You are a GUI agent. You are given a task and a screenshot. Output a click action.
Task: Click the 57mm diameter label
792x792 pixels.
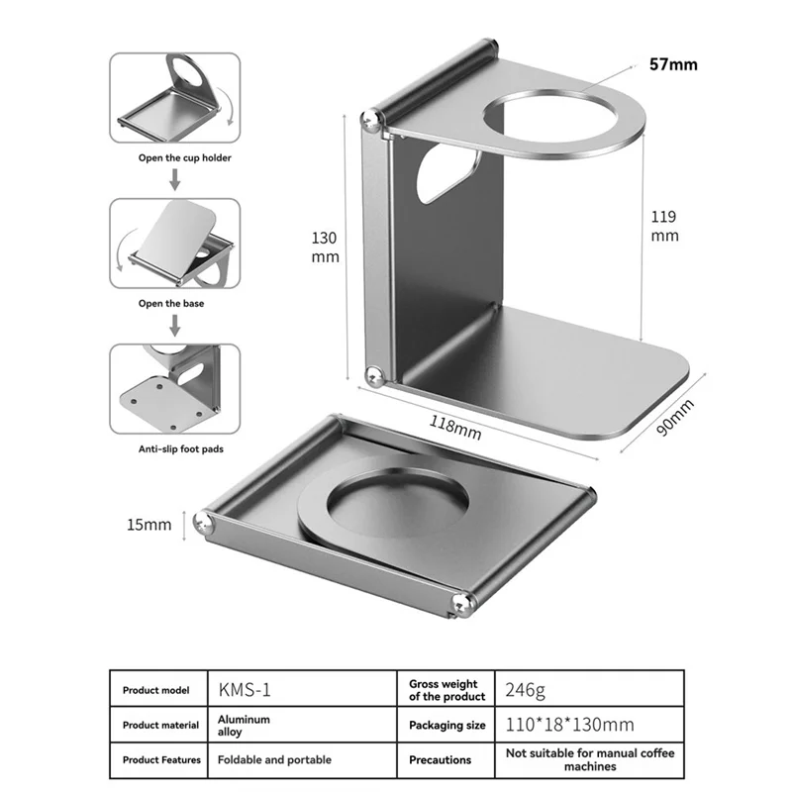(673, 64)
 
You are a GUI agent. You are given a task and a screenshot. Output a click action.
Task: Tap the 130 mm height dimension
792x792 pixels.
(325, 247)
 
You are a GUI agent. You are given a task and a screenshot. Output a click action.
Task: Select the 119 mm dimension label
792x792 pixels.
(664, 227)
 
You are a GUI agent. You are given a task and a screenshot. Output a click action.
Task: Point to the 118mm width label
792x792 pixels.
(455, 428)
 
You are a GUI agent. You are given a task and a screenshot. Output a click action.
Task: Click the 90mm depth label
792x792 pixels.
(675, 417)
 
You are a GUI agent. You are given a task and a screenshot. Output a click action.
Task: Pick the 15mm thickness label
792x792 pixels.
(149, 525)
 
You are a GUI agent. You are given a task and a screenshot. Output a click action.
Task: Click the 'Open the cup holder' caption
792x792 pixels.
(185, 158)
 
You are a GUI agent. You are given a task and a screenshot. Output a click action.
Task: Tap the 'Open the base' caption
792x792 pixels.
(171, 304)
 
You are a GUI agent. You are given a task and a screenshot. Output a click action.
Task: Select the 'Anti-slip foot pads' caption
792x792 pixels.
(181, 449)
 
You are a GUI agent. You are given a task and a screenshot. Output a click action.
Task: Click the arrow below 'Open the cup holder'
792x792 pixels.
(175, 179)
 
